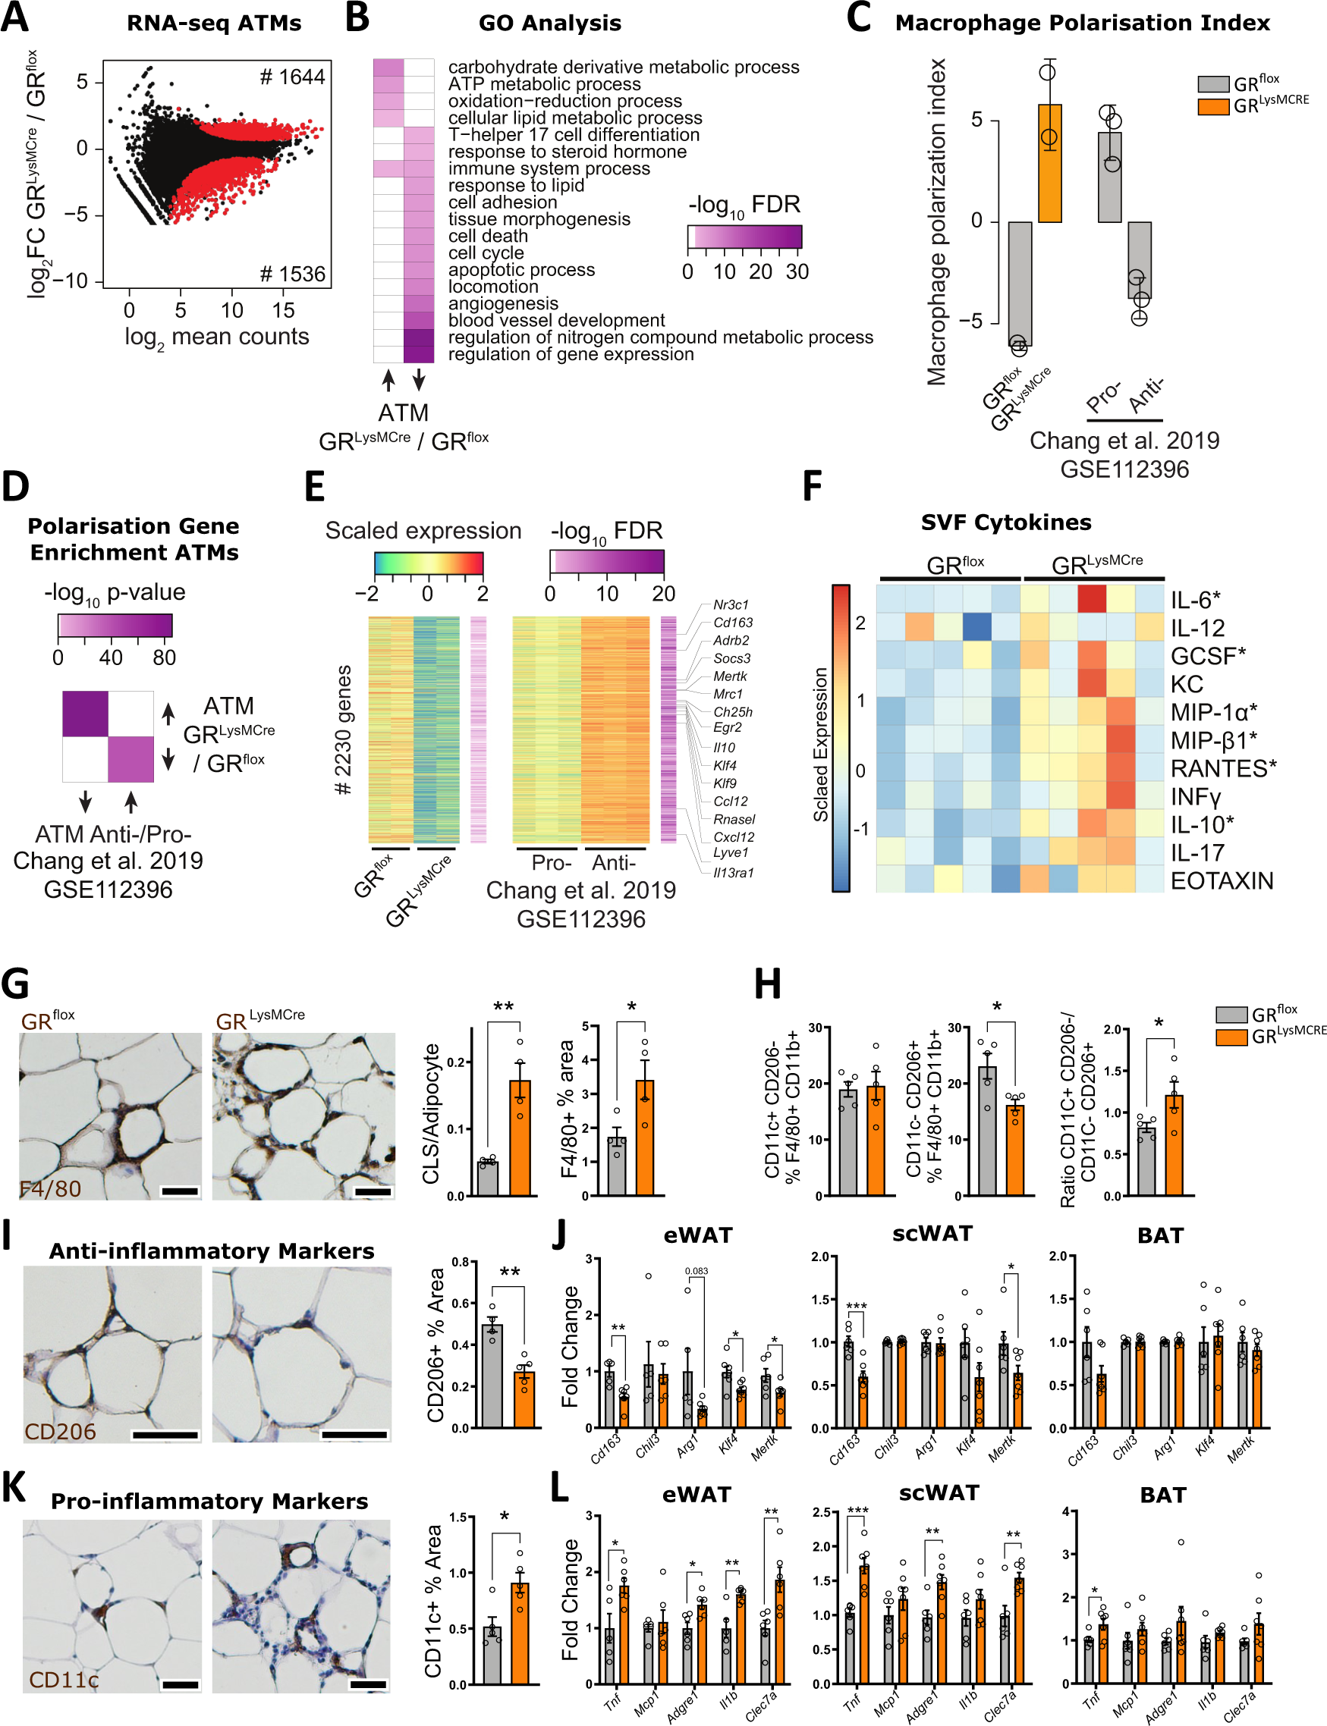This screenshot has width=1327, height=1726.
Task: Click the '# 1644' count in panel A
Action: click(292, 77)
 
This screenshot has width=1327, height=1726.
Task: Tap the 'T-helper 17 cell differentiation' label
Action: click(574, 135)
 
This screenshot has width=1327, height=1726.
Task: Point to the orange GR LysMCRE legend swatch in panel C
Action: click(1212, 106)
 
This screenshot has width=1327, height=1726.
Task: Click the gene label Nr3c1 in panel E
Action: click(731, 605)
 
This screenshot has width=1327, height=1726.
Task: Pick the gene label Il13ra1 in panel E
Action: click(733, 872)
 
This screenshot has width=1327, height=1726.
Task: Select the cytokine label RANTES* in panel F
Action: click(1223, 768)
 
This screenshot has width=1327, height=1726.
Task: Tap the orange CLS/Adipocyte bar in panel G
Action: click(520, 1137)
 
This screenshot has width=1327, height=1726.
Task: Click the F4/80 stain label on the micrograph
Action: click(51, 1188)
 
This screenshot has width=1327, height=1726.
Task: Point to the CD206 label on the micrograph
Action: click(60, 1432)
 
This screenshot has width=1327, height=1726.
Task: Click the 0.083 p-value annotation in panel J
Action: click(696, 1271)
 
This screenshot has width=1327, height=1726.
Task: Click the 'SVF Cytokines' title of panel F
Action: click(1005, 523)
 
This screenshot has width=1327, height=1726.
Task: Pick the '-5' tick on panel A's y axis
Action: click(81, 215)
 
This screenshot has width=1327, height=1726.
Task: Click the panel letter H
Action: click(767, 984)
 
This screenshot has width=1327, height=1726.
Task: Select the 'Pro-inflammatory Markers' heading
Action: click(209, 1501)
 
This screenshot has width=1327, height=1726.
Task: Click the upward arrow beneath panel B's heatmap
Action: click(388, 381)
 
